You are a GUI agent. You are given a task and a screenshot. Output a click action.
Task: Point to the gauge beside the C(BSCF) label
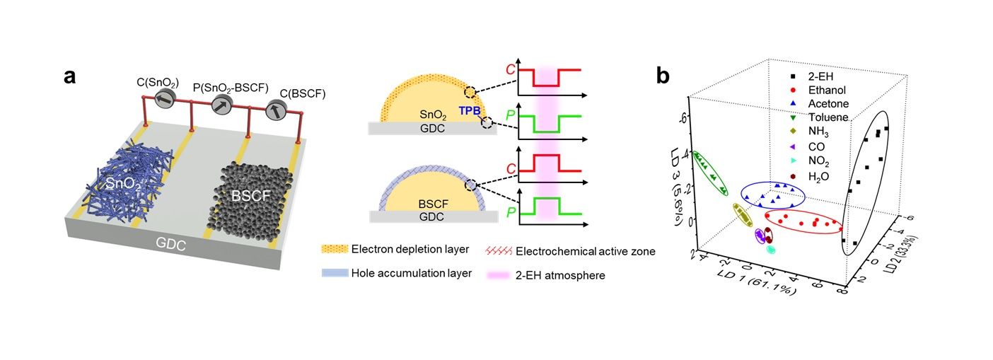[276, 110]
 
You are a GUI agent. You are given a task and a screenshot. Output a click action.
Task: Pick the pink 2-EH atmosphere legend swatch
[499, 275]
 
